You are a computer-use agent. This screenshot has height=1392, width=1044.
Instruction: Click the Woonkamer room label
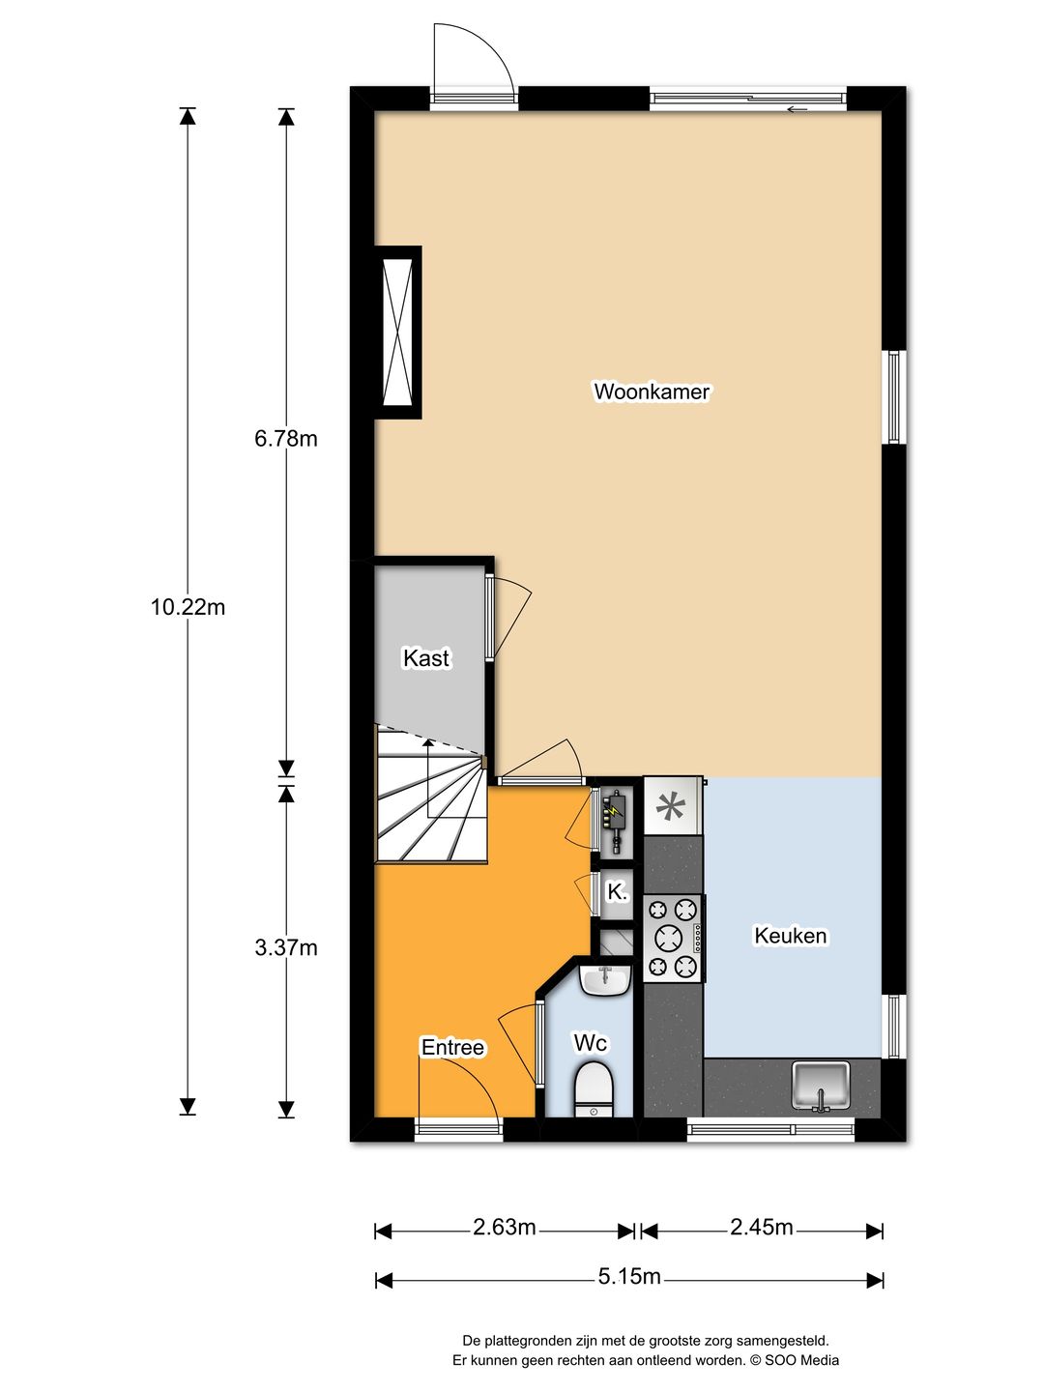[652, 391]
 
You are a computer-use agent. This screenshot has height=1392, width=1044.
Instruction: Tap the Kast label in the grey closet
[426, 658]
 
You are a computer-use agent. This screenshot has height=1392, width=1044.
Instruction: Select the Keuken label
[790, 936]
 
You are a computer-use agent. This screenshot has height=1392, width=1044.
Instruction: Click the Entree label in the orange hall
[452, 1047]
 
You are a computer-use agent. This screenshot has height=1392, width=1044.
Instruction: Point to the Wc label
[590, 1043]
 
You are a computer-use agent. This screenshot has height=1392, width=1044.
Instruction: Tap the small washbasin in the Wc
[604, 980]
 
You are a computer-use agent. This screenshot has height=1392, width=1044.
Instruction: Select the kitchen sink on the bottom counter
[821, 1086]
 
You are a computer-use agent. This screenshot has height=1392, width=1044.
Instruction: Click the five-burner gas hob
[673, 938]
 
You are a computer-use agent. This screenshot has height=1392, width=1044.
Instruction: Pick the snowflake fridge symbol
[670, 805]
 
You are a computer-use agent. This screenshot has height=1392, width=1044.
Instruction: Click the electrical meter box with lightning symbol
[614, 815]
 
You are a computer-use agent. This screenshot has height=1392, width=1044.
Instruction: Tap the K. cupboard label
[617, 892]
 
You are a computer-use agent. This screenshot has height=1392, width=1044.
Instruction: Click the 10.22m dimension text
[188, 607]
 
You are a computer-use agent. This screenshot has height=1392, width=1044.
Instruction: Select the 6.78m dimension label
[286, 439]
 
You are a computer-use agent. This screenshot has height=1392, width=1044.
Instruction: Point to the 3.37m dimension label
[286, 947]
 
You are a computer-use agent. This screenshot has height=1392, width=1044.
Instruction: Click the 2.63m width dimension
[504, 1228]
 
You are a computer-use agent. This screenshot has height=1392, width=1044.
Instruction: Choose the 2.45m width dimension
[761, 1228]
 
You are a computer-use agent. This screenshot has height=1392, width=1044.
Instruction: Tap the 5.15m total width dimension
[628, 1277]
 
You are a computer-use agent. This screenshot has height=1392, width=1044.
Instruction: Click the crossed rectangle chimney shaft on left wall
[398, 333]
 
